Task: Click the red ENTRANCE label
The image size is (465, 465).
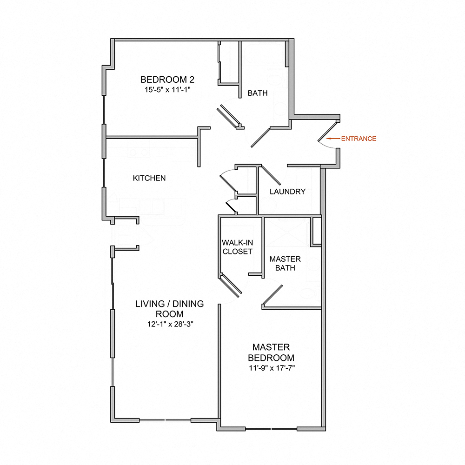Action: pos(359,139)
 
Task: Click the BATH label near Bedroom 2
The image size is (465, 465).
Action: pos(257,93)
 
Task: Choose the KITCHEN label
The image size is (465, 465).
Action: pos(149,178)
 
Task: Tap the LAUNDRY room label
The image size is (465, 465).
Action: pos(287,191)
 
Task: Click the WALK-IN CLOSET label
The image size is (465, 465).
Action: pos(237,247)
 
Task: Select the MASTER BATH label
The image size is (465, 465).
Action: pos(285,263)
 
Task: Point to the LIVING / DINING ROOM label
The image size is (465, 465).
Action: pos(169,309)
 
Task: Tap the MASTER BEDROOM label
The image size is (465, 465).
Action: pos(271,352)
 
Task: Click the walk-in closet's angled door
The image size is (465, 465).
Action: pos(231,286)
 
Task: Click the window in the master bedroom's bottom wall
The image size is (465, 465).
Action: pos(271,428)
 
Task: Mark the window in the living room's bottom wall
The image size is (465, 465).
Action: pos(166,420)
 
